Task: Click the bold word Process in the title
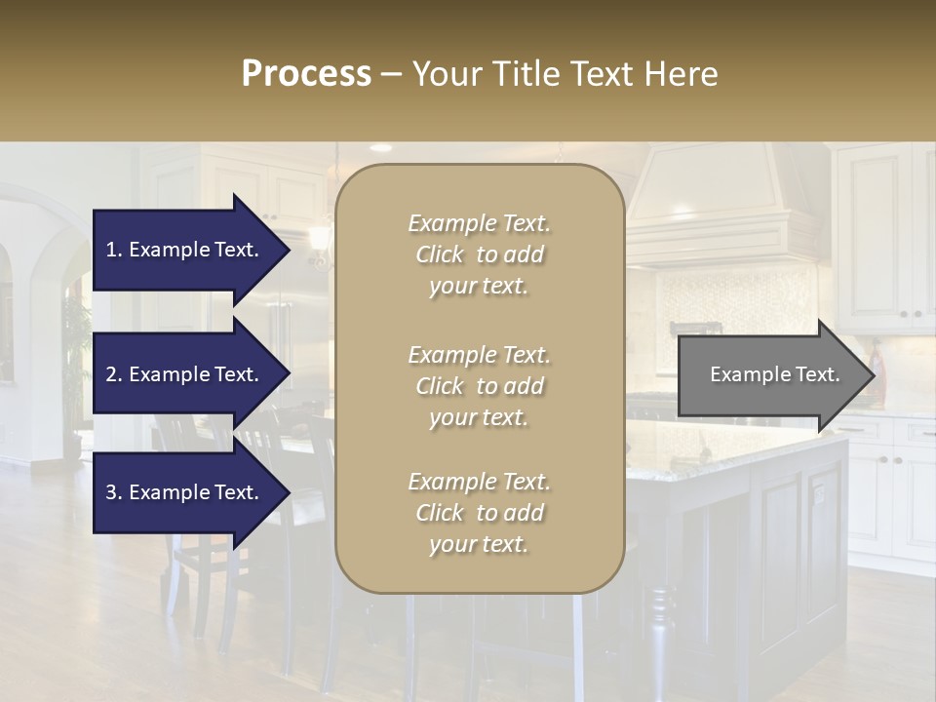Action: pos(306,74)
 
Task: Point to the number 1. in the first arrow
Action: pos(114,250)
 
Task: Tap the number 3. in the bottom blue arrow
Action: pos(114,492)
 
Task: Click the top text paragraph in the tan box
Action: pos(479,254)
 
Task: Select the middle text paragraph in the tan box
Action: pos(479,385)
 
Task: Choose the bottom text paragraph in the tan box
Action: pos(479,512)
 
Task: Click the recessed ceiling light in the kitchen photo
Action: pos(380,148)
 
